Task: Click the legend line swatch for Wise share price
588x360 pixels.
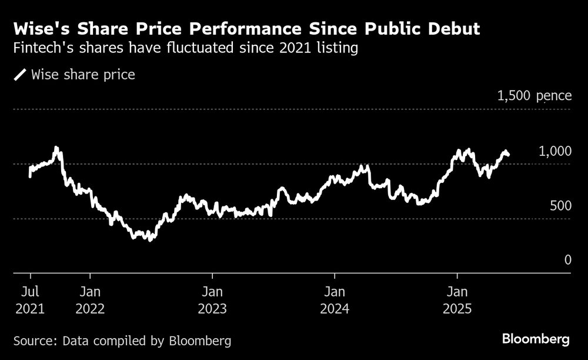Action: pos(20,75)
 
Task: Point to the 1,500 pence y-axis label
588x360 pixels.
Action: pos(534,95)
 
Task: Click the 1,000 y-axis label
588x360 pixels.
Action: pos(555,151)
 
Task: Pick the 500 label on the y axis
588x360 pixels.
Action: pos(560,206)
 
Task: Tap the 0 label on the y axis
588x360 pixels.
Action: pos(567,260)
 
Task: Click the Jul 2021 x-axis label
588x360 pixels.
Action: pos(30,300)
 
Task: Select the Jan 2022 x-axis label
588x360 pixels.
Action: pos(90,300)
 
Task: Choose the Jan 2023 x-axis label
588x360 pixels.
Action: pos(212,300)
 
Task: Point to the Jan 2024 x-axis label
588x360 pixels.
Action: pos(335,300)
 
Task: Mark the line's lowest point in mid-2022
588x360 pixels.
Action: pos(151,239)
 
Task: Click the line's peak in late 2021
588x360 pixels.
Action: pos(56,148)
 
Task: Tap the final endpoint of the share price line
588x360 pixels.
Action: pos(508,155)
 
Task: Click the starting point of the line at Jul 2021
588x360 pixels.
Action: pos(30,175)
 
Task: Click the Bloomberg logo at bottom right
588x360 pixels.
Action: pos(536,339)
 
